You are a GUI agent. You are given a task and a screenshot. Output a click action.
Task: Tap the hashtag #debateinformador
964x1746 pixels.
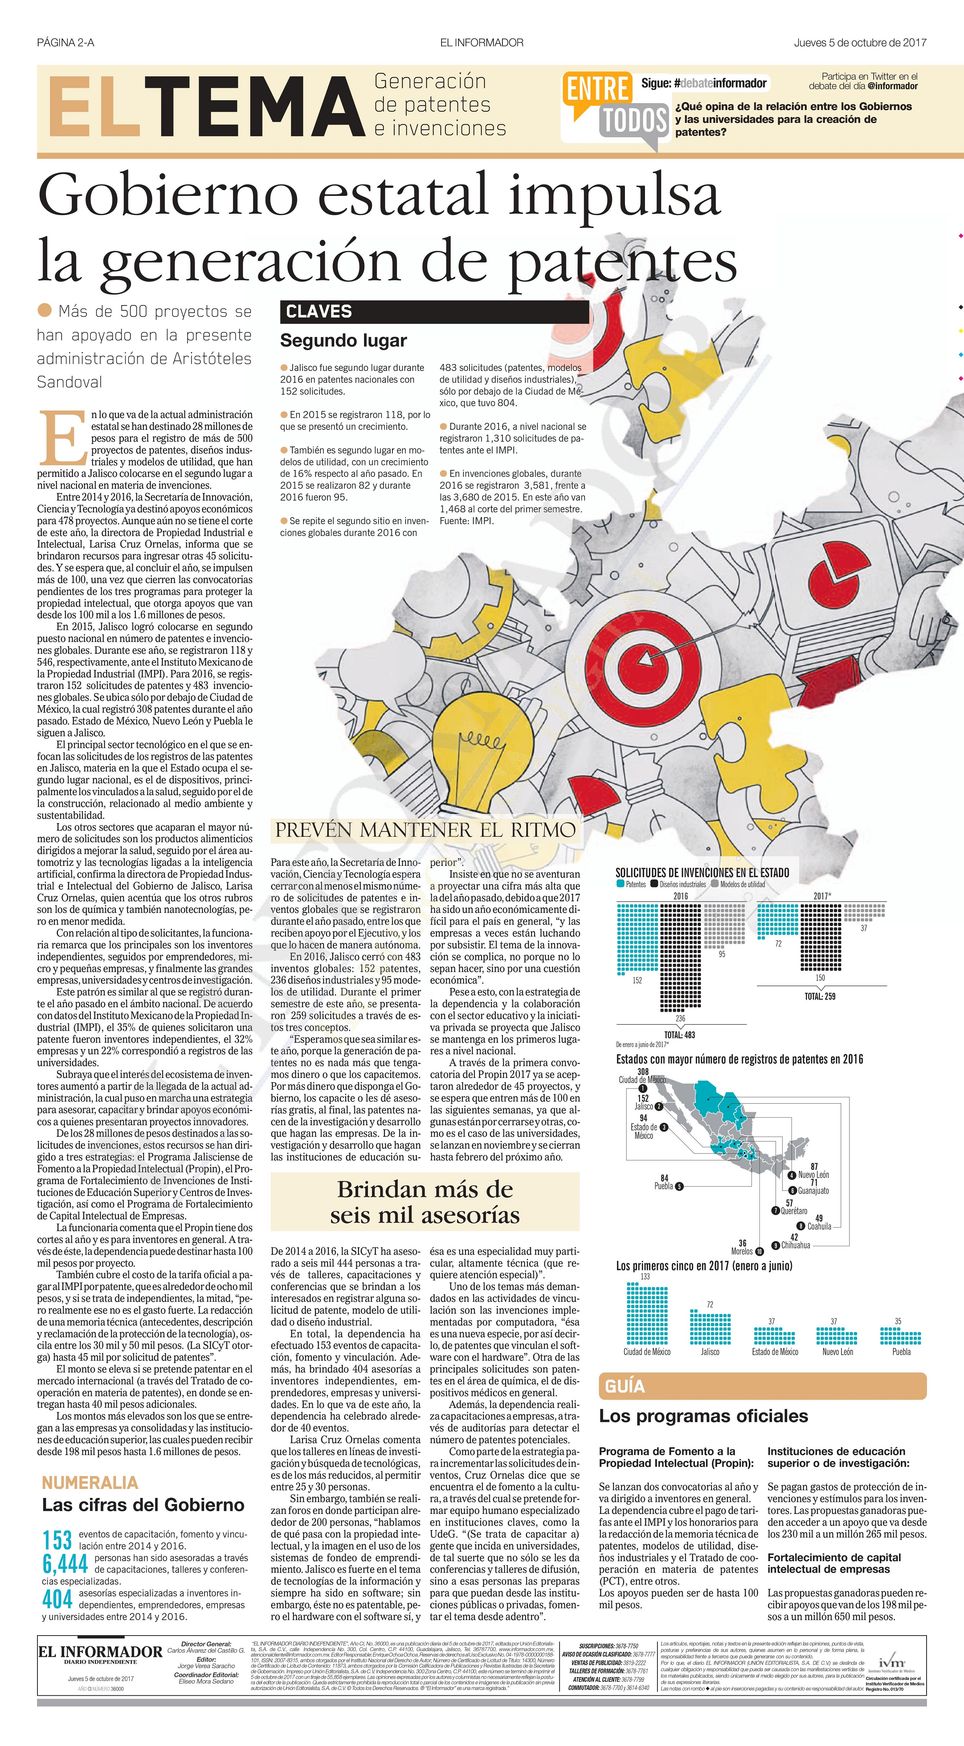721,84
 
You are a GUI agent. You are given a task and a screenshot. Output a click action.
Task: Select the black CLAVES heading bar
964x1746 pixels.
434,312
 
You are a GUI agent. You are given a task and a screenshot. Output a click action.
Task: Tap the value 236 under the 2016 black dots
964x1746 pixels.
680,1018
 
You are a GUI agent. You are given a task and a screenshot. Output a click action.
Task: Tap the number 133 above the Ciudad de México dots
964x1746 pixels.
645,1276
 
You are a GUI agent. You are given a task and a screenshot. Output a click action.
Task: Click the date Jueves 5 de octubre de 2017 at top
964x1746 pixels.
860,43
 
